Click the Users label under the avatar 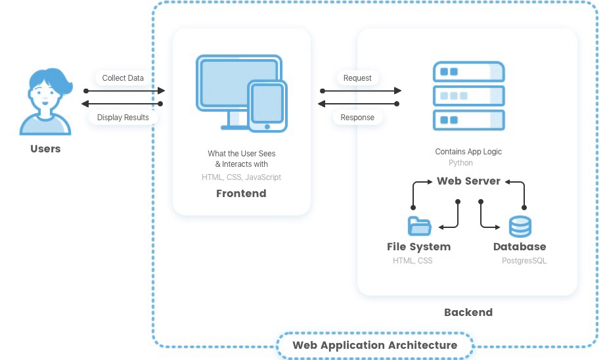[45, 148]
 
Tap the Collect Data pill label [123, 78]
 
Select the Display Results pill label [123, 118]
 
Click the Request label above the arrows [357, 78]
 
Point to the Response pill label [357, 118]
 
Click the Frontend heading [241, 193]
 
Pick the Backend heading [468, 312]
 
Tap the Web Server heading [468, 181]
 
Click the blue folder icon [419, 226]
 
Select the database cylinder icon [520, 227]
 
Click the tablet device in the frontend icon [267, 106]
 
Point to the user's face [45, 97]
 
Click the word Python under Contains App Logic [460, 163]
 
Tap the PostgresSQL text [524, 261]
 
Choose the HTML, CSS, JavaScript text [241, 177]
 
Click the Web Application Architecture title [374, 345]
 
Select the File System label [418, 246]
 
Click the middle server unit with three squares [469, 96]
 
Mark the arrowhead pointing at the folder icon [441, 227]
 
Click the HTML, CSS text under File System [413, 261]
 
